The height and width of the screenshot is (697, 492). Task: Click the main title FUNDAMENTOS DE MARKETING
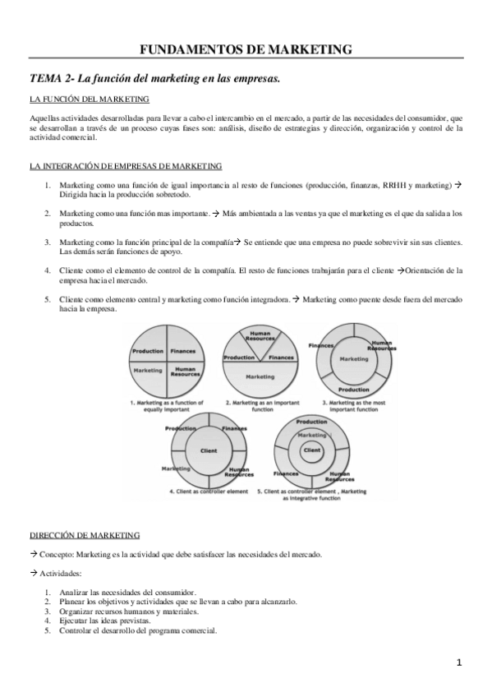(246, 49)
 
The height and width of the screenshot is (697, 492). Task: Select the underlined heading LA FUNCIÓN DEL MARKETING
(89, 100)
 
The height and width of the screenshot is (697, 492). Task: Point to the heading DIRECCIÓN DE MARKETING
(85, 535)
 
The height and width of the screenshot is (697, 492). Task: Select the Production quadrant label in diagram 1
(148, 352)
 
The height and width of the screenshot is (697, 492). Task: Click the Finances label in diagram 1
(185, 352)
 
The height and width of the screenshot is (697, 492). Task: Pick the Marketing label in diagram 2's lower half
(261, 376)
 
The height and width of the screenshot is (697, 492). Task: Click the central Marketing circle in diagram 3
(354, 359)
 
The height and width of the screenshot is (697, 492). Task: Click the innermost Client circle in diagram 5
(311, 450)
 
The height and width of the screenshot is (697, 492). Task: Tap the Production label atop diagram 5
(311, 422)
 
